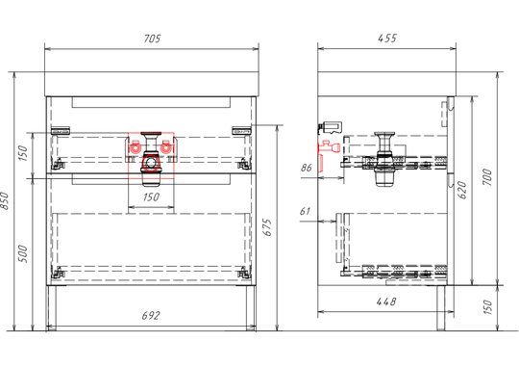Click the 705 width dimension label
coord(152,39)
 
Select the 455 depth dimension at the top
coord(387,39)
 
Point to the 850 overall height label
coord(5,200)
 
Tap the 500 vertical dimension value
coord(23,254)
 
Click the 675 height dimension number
coord(267,227)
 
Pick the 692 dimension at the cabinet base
coord(151,316)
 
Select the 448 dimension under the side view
coord(386,301)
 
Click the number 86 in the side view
coord(307,168)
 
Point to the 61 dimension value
coord(305,211)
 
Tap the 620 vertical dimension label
coord(462,190)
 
